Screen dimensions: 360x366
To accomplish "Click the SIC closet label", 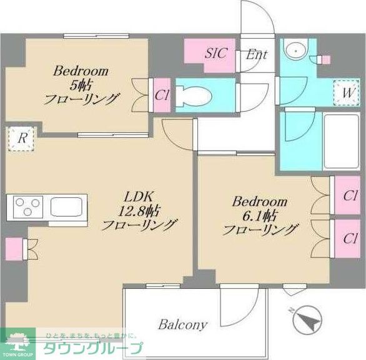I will pyautogui.click(x=216, y=53).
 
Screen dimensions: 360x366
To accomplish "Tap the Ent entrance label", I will pyautogui.click(x=256, y=54).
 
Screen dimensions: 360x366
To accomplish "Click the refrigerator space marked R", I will pyautogui.click(x=21, y=139).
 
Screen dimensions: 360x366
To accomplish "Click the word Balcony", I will pyautogui.click(x=182, y=324).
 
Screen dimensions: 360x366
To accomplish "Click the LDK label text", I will pyautogui.click(x=139, y=195).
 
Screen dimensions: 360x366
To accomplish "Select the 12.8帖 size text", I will pyautogui.click(x=139, y=210).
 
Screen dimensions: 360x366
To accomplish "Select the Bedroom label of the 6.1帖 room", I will pyautogui.click(x=260, y=202).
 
